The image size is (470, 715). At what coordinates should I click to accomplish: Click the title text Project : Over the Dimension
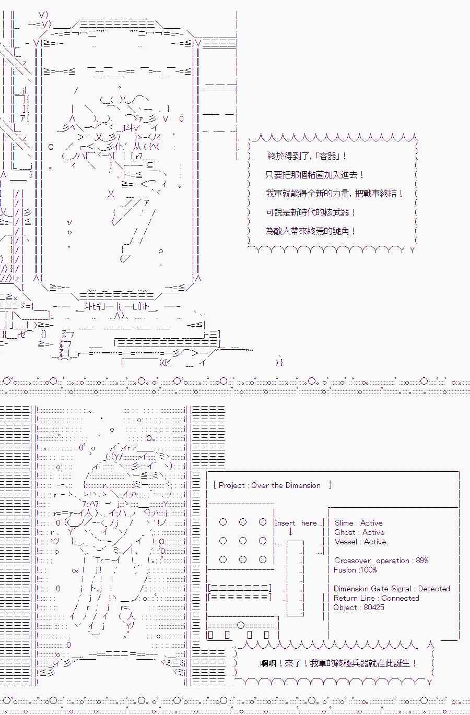269,485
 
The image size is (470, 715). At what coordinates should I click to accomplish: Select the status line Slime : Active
358,523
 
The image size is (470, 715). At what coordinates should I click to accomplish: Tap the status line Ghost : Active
359,532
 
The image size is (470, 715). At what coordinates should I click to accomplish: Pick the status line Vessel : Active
360,542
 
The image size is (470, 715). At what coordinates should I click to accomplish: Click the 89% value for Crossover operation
422,561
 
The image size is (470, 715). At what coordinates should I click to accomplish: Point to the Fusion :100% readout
355,570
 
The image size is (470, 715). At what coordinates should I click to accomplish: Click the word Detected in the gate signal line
434,589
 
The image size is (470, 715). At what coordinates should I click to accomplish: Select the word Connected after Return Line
400,598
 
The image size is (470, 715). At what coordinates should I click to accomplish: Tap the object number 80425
374,607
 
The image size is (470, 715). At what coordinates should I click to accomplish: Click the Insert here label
296,523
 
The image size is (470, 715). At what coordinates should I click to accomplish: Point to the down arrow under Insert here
290,532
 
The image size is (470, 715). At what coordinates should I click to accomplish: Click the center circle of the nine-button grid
243,541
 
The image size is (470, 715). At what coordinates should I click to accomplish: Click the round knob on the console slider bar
241,625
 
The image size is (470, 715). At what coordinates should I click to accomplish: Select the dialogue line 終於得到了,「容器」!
307,156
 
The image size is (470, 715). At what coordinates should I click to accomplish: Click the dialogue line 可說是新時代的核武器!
310,212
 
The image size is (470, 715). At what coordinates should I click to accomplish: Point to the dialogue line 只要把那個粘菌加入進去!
315,175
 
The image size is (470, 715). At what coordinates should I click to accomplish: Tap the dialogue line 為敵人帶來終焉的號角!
310,231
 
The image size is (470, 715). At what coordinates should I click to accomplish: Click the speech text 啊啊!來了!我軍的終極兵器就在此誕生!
338,663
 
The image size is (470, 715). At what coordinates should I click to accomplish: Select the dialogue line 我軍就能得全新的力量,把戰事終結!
334,194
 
